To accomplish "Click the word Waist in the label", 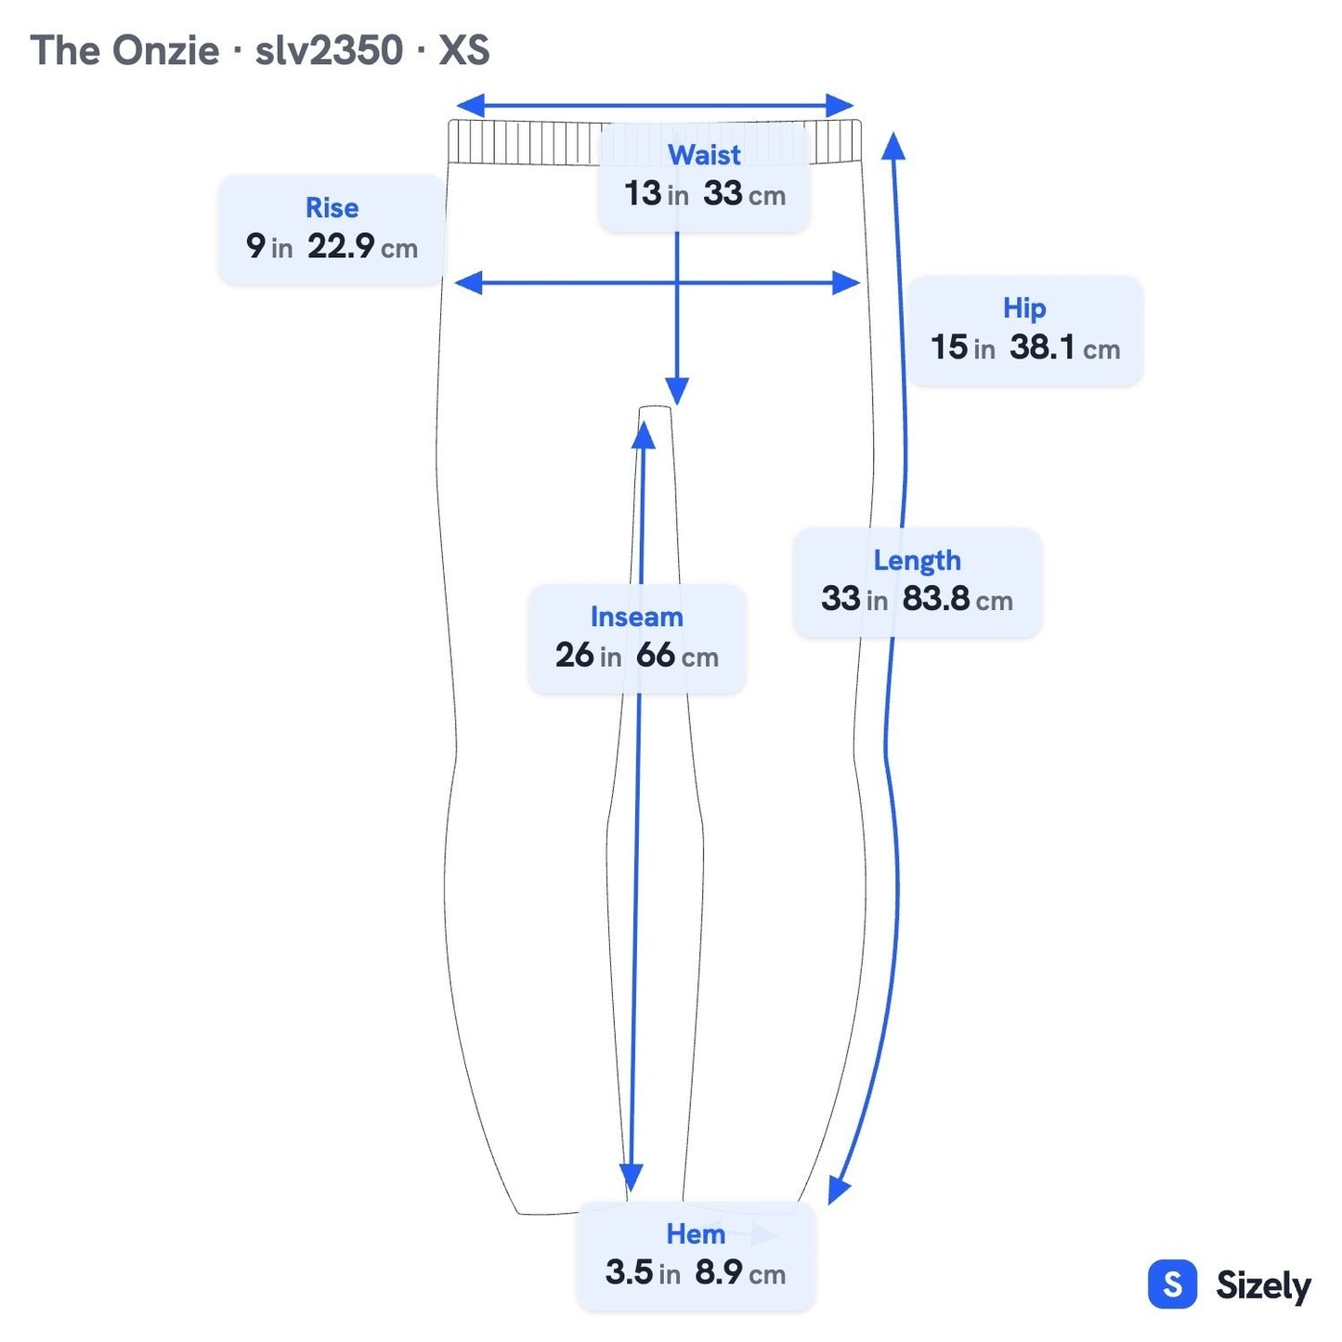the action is (703, 154).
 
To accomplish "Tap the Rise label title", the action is (332, 207).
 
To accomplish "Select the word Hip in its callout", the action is (1023, 308).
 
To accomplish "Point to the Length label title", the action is (917, 561).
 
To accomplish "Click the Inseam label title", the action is (636, 617).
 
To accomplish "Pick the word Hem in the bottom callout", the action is (695, 1234).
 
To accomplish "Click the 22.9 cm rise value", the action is (362, 246).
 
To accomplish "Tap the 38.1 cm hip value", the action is (1064, 347).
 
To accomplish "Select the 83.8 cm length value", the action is (957, 599).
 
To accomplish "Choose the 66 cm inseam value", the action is (677, 656).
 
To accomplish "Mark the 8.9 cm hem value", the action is (739, 1272).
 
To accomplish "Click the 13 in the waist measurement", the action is (642, 193).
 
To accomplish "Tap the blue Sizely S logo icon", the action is (1172, 1283).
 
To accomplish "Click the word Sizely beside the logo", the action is (1263, 1285).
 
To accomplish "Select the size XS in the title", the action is (463, 50).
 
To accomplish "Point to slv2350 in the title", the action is (329, 50).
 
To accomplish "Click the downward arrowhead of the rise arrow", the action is (677, 391).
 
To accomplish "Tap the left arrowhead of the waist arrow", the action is (470, 106).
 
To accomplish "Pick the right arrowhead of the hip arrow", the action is (847, 282).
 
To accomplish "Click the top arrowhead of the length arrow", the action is (893, 146).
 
